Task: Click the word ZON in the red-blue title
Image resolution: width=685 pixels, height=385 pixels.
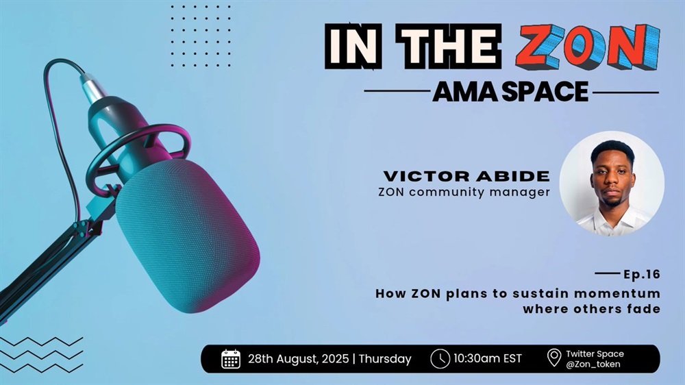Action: click(588, 47)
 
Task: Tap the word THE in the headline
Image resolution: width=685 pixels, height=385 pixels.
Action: click(449, 47)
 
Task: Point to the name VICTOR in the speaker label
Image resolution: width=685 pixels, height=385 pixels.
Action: click(425, 176)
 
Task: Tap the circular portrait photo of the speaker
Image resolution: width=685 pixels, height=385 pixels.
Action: click(612, 184)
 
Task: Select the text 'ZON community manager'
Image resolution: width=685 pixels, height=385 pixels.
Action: click(464, 192)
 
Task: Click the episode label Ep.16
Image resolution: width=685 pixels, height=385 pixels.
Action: click(642, 275)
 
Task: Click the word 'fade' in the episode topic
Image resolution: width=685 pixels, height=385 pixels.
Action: click(643, 309)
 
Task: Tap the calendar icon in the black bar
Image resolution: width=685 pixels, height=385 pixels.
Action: click(231, 359)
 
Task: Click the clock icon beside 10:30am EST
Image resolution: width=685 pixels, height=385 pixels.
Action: click(440, 359)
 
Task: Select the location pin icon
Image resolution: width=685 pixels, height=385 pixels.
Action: click(554, 358)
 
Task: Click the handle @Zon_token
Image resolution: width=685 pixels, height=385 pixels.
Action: click(593, 364)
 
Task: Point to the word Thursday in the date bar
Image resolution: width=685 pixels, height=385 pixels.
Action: click(385, 359)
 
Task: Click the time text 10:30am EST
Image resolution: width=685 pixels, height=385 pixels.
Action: click(488, 359)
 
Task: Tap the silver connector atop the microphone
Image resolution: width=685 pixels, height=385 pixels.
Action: click(92, 87)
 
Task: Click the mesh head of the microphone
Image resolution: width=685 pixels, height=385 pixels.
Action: click(188, 236)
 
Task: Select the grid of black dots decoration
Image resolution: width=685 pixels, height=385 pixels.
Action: click(201, 36)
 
